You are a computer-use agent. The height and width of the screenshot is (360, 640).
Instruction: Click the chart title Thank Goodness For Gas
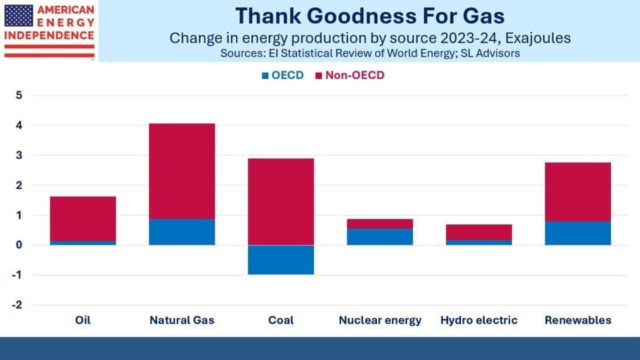[x=370, y=15]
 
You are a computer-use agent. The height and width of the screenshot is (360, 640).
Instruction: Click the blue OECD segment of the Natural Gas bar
[x=181, y=232]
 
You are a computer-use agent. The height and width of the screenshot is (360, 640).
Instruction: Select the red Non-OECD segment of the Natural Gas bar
[x=181, y=171]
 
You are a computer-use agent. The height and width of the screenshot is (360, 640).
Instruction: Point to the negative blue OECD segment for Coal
[x=281, y=260]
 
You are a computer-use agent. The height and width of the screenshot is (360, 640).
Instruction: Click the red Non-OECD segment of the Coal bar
[x=281, y=201]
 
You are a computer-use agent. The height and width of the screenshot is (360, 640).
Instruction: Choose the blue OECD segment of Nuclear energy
[x=380, y=237]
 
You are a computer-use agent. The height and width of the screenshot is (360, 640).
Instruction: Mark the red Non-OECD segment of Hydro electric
[x=478, y=232]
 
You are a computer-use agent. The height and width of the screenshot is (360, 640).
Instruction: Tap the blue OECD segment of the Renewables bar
[x=577, y=233]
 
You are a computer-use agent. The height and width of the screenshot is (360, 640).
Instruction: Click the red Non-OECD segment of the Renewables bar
[x=577, y=192]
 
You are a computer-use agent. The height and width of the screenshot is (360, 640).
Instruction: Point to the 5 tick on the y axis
[x=19, y=96]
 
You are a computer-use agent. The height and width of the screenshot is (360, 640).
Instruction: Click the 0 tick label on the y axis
[x=19, y=246]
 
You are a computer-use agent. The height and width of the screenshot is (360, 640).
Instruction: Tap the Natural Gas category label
[x=181, y=321]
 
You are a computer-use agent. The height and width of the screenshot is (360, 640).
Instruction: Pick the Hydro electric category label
[x=478, y=321]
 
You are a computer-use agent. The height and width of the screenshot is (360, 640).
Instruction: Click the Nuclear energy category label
[x=380, y=321]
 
